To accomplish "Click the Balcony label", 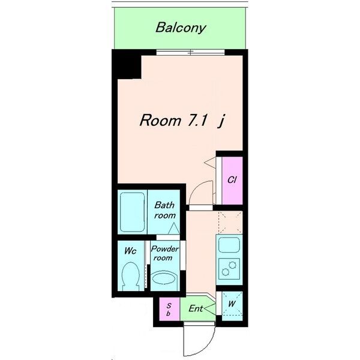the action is tap(181, 28).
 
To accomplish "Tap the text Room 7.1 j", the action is tap(182, 121).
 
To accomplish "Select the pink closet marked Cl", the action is tap(232, 180).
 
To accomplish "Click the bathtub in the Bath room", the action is tap(132, 212).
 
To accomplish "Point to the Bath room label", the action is tap(164, 210).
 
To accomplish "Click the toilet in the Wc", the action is tap(131, 276).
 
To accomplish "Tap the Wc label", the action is tap(130, 251).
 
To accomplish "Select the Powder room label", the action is tap(164, 253).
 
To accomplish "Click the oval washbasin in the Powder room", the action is tap(164, 278).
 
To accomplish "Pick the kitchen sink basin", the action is tap(229, 245).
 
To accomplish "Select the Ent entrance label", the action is tap(196, 308).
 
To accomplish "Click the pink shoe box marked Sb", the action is tap(170, 309).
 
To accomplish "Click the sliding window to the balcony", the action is tap(191, 52).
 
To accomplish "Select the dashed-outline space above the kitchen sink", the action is tap(230, 223).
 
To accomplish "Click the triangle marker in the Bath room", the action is tap(174, 229).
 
